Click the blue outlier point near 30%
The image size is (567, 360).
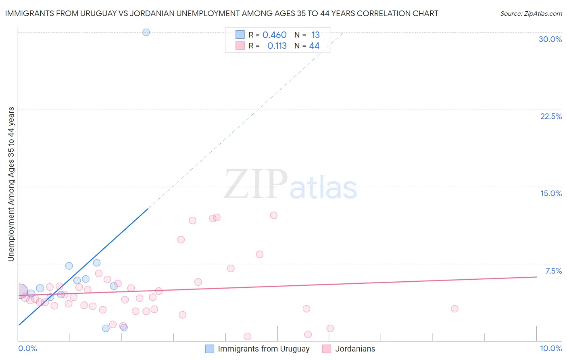tap(146, 32)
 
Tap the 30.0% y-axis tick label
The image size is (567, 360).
tap(550, 39)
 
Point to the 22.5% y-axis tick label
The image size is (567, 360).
tap(551, 116)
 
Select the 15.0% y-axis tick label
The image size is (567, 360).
tap(551, 193)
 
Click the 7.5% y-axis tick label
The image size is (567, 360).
tap(553, 271)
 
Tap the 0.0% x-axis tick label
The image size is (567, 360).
tap(27, 348)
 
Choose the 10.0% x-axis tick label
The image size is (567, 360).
tap(550, 348)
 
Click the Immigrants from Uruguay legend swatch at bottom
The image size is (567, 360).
tap(210, 349)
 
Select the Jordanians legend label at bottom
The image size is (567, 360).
tap(355, 349)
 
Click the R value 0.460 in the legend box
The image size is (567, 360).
tap(274, 35)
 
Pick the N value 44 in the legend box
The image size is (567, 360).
tap(314, 46)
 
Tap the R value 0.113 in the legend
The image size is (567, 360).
tap(277, 46)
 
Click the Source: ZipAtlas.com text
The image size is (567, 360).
tap(531, 14)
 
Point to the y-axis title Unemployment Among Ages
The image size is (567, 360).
tap(11, 184)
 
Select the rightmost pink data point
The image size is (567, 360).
tap(454, 309)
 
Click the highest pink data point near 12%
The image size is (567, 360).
tap(273, 216)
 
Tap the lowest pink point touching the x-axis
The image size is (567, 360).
tap(248, 336)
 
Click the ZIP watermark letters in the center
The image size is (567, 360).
tap(256, 184)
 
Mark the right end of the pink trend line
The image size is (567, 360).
tap(536, 277)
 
